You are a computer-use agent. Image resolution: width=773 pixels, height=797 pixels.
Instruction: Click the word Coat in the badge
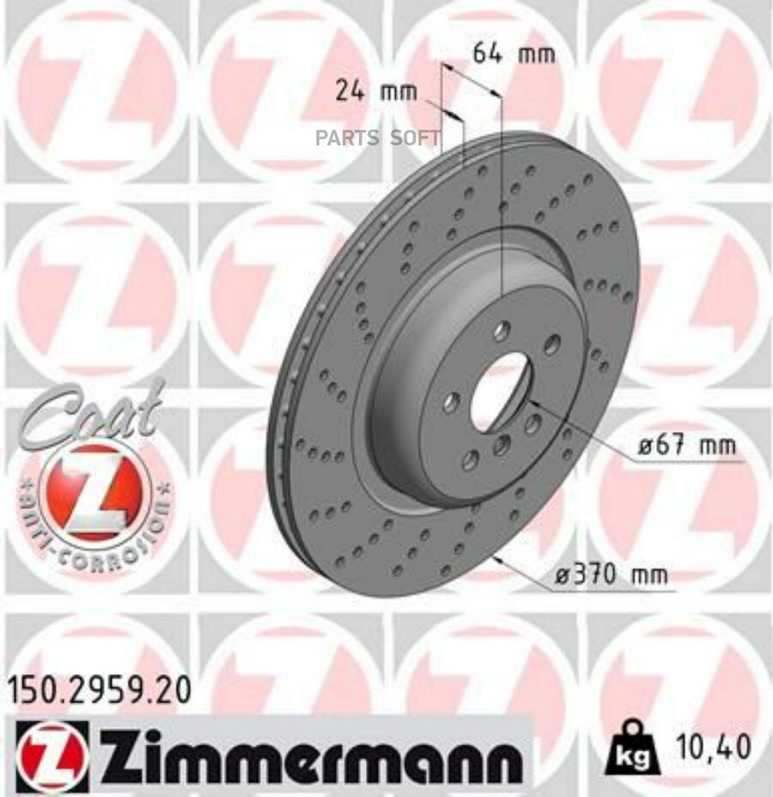pyautogui.click(x=92, y=413)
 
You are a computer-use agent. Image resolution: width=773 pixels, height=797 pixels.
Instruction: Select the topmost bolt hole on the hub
pyautogui.click(x=502, y=330)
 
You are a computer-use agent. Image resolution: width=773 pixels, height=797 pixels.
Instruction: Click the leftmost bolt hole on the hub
pyautogui.click(x=451, y=400)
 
